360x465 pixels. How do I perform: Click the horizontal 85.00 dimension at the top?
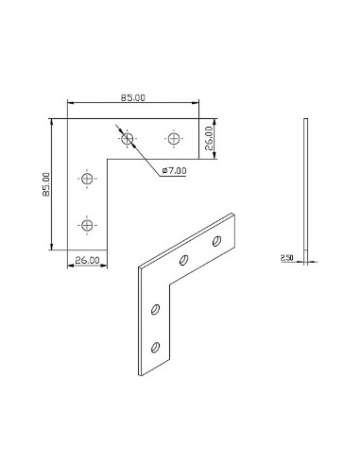[x=133, y=96]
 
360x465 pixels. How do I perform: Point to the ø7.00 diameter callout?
[x=176, y=170]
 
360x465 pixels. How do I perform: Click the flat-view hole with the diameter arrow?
[x=128, y=139]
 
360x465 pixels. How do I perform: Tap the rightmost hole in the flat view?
[x=172, y=139]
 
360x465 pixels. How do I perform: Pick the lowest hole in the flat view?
[x=87, y=224]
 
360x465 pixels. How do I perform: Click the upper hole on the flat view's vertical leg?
[x=87, y=179]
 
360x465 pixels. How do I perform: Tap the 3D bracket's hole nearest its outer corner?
[x=185, y=258]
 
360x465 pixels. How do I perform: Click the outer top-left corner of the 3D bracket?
[x=140, y=269]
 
